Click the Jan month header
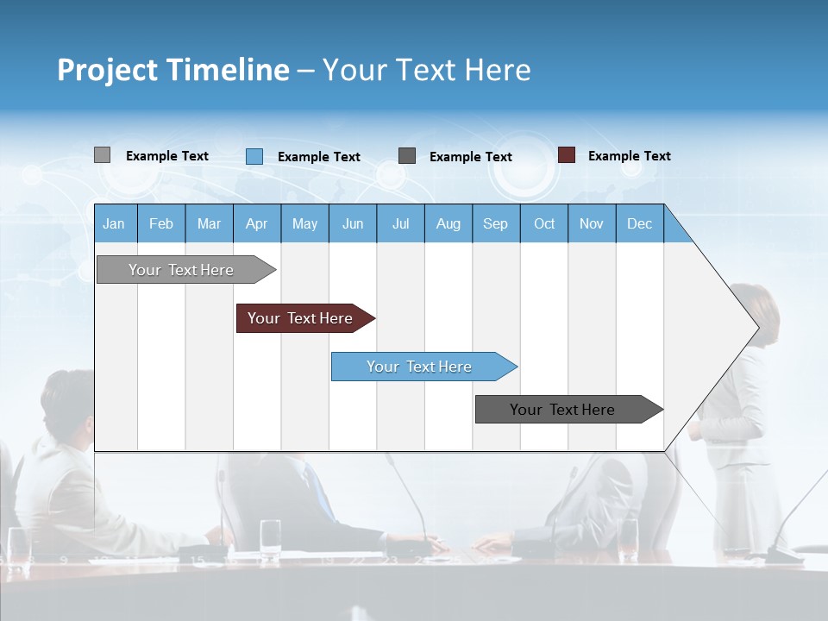(114, 223)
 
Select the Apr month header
(256, 223)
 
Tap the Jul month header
(400, 223)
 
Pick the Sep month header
(495, 223)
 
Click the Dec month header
(639, 223)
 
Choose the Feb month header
(161, 223)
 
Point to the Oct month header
(544, 223)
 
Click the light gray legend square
(102, 155)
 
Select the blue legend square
(254, 156)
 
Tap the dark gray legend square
(407, 155)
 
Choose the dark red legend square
(567, 155)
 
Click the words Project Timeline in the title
(172, 70)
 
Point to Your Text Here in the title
(427, 70)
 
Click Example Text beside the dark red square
(629, 156)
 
